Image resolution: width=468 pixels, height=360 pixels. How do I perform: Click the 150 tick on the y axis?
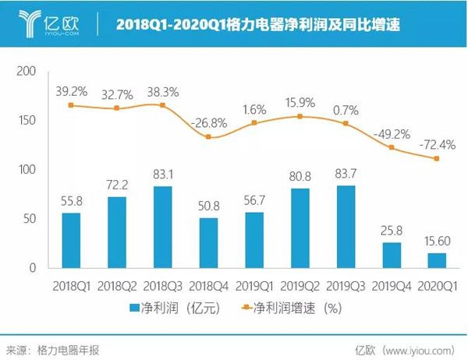tap(27, 121)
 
